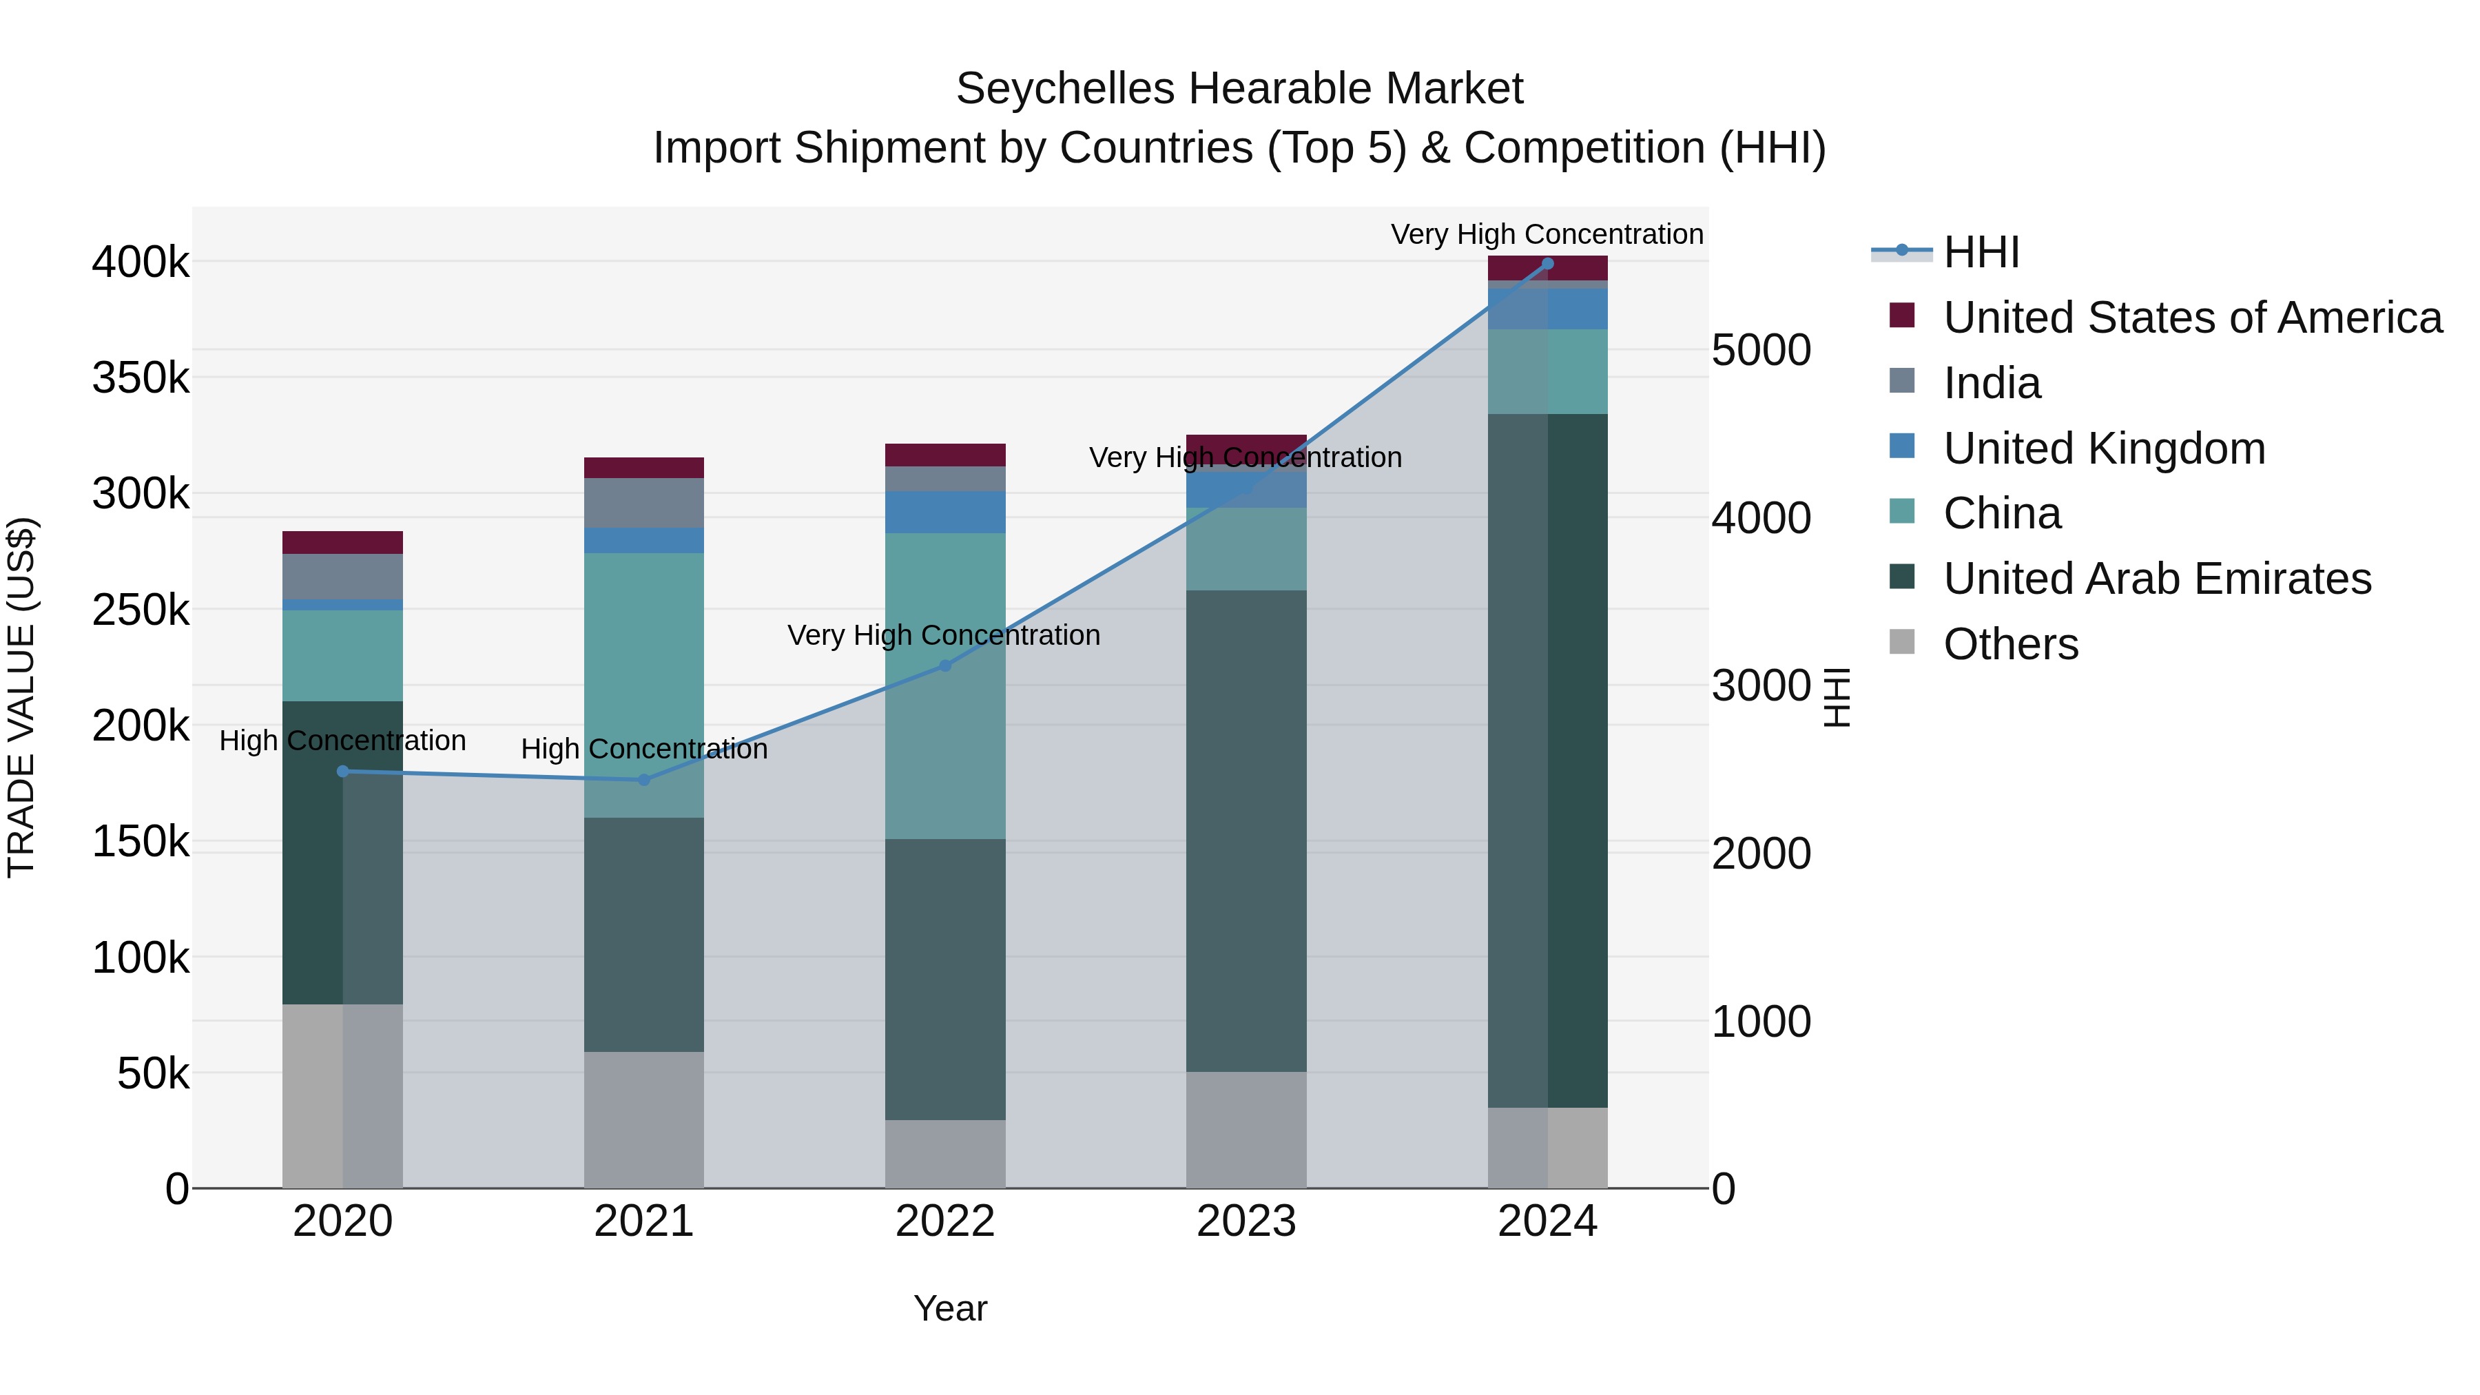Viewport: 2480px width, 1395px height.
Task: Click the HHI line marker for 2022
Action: pyautogui.click(x=944, y=665)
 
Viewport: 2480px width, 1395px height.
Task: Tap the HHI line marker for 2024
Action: pyautogui.click(x=1547, y=264)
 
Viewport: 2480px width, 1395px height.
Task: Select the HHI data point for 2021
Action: pyautogui.click(x=644, y=780)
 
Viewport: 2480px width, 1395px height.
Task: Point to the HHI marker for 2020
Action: pyautogui.click(x=343, y=771)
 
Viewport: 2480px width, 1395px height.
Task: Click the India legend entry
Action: pyautogui.click(x=1991, y=383)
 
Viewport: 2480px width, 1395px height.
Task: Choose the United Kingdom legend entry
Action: pyautogui.click(x=2104, y=448)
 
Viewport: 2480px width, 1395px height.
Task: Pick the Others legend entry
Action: pyautogui.click(x=2010, y=644)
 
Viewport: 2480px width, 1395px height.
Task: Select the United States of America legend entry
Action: pyautogui.click(x=2192, y=318)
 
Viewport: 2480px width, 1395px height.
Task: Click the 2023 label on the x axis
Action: pyautogui.click(x=1246, y=1221)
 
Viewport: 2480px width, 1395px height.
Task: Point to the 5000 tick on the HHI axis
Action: pyautogui.click(x=1761, y=351)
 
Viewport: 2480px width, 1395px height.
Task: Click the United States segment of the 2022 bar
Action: pyautogui.click(x=944, y=455)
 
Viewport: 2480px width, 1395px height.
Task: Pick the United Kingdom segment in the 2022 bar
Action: pyautogui.click(x=944, y=512)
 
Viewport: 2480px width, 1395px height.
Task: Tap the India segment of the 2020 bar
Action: pyautogui.click(x=343, y=576)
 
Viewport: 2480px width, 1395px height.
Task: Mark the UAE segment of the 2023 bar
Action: pyautogui.click(x=1246, y=830)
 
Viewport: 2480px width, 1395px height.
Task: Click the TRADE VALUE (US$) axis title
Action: pyautogui.click(x=21, y=697)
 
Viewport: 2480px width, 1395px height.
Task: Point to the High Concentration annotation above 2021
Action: pyautogui.click(x=644, y=749)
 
